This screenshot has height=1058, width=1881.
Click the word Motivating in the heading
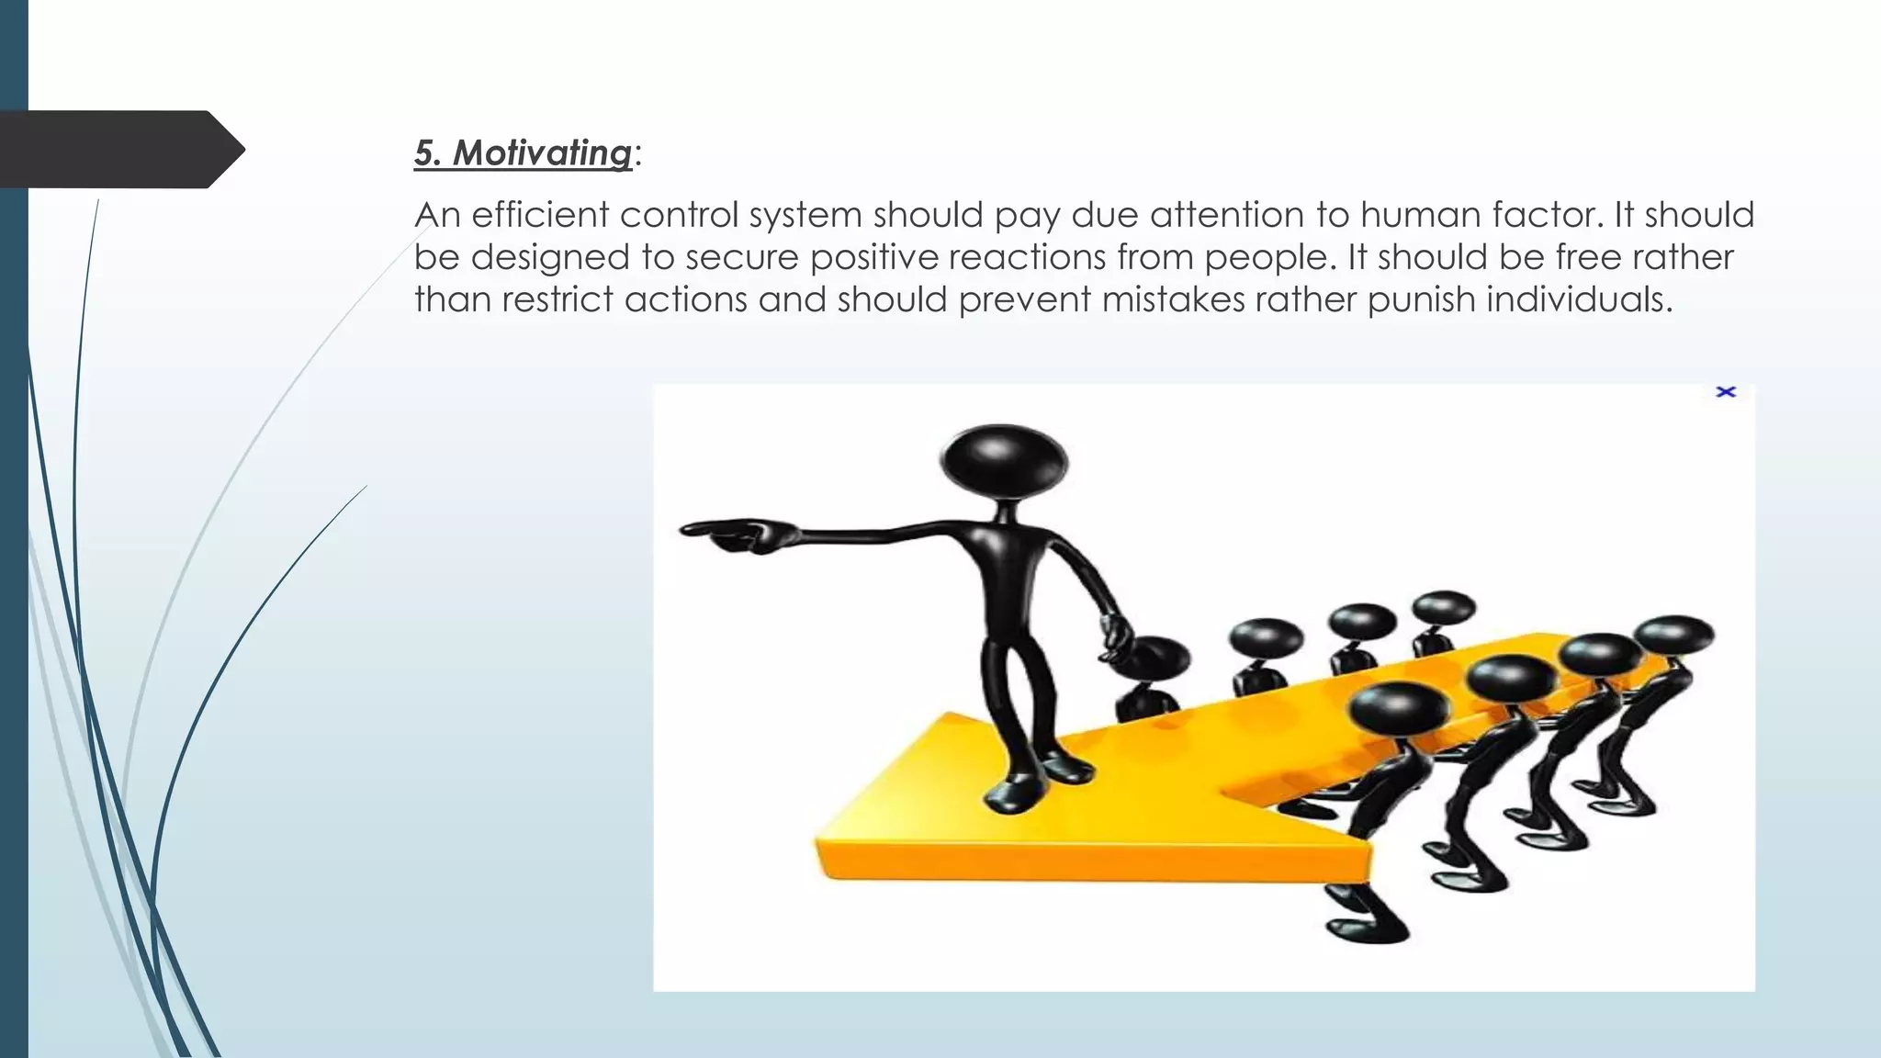(542, 152)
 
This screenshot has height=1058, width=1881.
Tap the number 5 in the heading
(424, 152)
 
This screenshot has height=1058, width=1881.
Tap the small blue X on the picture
(1726, 392)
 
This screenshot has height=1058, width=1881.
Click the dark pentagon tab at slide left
(119, 150)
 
